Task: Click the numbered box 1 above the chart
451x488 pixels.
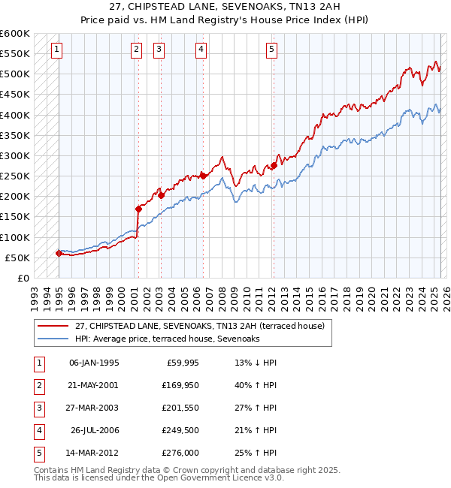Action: (x=58, y=50)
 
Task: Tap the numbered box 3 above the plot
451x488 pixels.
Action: (x=159, y=50)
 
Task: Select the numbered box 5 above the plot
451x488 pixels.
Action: (x=271, y=50)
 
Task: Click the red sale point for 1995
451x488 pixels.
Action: (x=59, y=253)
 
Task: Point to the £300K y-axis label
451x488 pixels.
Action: (x=14, y=155)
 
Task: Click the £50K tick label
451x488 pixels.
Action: (x=17, y=258)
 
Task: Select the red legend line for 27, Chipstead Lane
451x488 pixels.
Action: (x=53, y=326)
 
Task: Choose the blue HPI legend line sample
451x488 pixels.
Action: (x=53, y=339)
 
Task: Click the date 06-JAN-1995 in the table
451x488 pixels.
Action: (x=94, y=363)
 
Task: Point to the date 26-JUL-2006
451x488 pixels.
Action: (x=95, y=431)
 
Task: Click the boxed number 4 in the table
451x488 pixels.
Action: (x=38, y=431)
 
